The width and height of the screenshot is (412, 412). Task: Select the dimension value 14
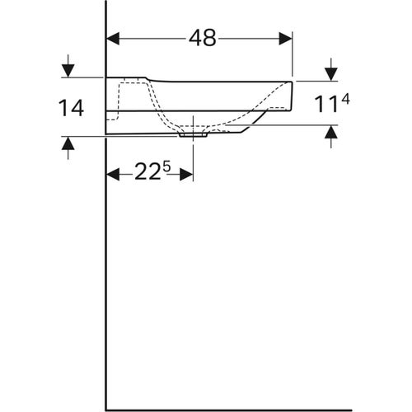[x=72, y=108]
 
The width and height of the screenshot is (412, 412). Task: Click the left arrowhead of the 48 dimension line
[x=114, y=38]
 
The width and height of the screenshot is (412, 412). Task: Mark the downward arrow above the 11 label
[x=330, y=73]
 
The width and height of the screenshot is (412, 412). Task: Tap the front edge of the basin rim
[x=293, y=95]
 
